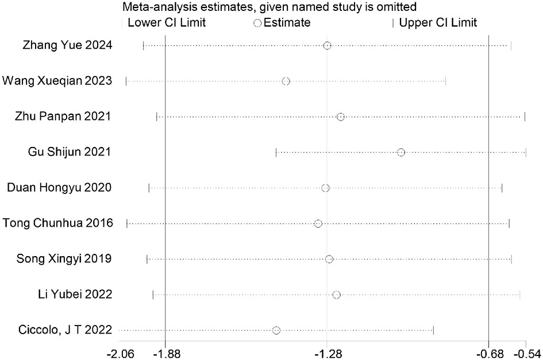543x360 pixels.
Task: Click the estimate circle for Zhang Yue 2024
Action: pos(327,45)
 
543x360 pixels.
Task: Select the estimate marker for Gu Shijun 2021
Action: pos(401,152)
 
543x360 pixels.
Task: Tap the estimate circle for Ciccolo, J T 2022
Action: pos(276,330)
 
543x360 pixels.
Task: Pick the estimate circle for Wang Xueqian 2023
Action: pos(286,81)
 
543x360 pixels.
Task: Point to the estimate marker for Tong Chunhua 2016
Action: pos(318,223)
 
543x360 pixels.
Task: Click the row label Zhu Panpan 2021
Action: pos(63,117)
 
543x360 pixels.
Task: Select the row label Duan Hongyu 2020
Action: pos(59,188)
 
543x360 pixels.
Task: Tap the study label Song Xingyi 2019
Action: pos(64,259)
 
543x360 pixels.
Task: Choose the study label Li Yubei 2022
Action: pos(74,295)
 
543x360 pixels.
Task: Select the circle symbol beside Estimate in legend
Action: pos(257,23)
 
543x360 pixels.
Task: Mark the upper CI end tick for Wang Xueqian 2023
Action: pos(445,81)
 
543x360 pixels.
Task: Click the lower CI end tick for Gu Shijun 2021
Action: pos(276,152)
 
